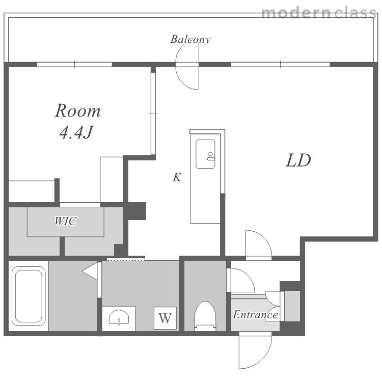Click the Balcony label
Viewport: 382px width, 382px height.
pyautogui.click(x=190, y=39)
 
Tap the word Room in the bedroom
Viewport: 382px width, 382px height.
pyautogui.click(x=77, y=111)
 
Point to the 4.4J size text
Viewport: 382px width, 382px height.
pyautogui.click(x=76, y=132)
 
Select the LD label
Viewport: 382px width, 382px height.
pyautogui.click(x=298, y=160)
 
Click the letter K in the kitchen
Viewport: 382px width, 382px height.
pyautogui.click(x=177, y=177)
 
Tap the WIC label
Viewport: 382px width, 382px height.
pyautogui.click(x=66, y=221)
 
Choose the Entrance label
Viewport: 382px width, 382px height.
pyautogui.click(x=255, y=315)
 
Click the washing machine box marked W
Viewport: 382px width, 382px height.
pyautogui.click(x=165, y=318)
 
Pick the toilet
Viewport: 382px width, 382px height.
pyautogui.click(x=205, y=316)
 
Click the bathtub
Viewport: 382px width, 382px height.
pyautogui.click(x=29, y=296)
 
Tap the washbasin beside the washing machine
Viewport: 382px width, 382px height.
pyautogui.click(x=119, y=317)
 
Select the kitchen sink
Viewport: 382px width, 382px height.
pyautogui.click(x=205, y=154)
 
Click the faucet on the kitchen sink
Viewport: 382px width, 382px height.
pyautogui.click(x=210, y=156)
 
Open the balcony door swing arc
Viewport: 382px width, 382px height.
pyautogui.click(x=180, y=80)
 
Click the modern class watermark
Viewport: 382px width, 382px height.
pyautogui.click(x=318, y=13)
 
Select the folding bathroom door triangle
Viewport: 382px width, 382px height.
pyautogui.click(x=90, y=270)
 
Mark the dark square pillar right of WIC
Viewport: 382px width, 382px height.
pyautogui.click(x=137, y=211)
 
